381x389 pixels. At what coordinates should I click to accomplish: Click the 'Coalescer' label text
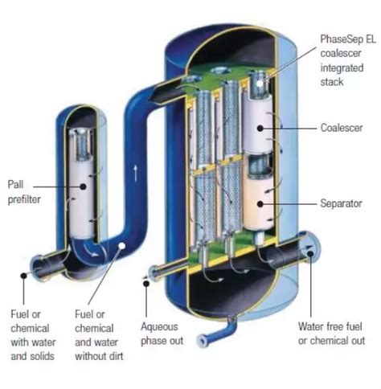pos(342,128)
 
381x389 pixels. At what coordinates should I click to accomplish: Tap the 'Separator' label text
pos(341,203)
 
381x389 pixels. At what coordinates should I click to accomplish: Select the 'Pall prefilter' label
pos(24,192)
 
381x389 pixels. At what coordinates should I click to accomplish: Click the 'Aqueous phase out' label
pos(162,334)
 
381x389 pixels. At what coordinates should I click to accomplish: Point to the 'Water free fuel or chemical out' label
pos(332,334)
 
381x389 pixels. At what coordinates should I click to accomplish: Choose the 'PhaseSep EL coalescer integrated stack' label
pos(348,60)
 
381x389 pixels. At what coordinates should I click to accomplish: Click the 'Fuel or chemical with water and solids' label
pos(33,335)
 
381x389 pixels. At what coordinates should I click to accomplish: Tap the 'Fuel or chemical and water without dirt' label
pos(99,335)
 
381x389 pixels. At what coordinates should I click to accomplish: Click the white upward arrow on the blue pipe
pos(136,173)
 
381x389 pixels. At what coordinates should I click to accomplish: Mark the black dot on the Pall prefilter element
pos(83,186)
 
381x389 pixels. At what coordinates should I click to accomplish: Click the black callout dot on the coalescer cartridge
pos(260,129)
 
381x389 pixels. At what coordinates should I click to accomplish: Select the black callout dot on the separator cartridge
pos(260,204)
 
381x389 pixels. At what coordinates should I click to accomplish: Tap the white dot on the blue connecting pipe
pos(122,245)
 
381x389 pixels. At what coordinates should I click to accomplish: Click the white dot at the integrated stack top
pos(260,83)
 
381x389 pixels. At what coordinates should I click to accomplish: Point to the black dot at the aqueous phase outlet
pos(146,284)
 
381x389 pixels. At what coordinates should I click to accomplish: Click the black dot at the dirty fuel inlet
pos(23,275)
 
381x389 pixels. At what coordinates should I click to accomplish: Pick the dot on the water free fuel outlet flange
pos(310,253)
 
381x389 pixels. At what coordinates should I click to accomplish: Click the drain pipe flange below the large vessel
pos(201,341)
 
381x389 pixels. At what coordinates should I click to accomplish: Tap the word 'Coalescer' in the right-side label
pos(342,128)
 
